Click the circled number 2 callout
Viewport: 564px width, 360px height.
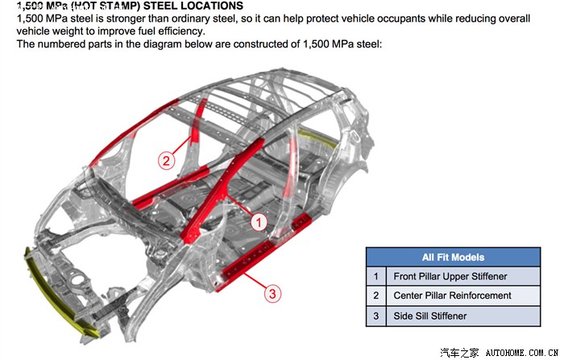click(166, 159)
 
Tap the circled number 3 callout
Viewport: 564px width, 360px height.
click(273, 294)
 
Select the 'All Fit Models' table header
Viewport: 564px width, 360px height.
click(453, 257)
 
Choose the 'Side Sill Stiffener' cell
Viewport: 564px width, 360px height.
click(429, 316)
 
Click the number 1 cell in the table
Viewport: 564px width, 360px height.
click(375, 276)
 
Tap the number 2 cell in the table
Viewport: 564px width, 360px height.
click(375, 296)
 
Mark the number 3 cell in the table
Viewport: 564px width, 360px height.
click(375, 316)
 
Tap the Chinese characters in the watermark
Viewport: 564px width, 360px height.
click(463, 352)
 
